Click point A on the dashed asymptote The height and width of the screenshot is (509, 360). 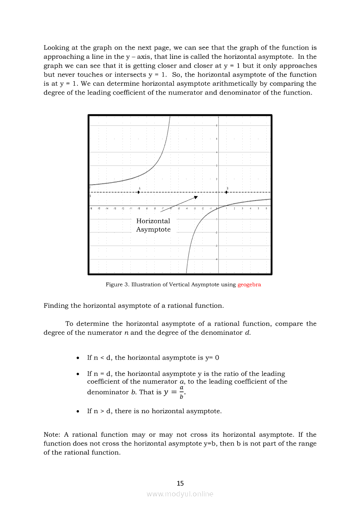[x=139, y=192]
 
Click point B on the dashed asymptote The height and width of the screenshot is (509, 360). [x=226, y=192]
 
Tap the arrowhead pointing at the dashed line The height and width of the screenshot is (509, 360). [x=196, y=197]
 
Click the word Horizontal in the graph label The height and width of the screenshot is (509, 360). [x=153, y=221]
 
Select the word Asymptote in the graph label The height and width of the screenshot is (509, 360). [x=153, y=229]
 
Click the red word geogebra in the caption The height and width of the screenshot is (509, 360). [x=249, y=285]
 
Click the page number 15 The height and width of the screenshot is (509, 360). [x=180, y=483]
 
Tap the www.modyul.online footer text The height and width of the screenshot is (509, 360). [x=180, y=494]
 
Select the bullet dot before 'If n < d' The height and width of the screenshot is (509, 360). [x=77, y=358]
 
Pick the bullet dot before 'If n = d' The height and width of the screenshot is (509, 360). [x=77, y=374]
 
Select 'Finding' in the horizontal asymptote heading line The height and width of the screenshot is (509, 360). [x=56, y=306]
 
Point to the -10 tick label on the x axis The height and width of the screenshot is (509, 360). [x=139, y=209]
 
